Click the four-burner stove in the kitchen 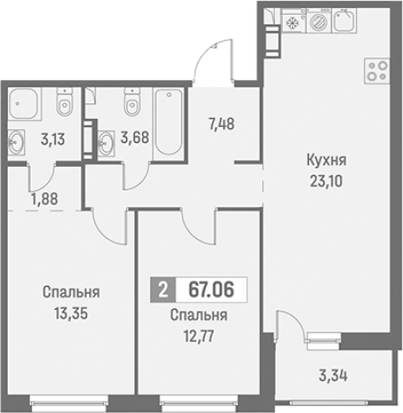[x=377, y=71]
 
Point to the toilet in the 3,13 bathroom [x=63, y=105]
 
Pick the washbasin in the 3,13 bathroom [x=17, y=139]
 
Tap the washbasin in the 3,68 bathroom [x=107, y=139]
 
